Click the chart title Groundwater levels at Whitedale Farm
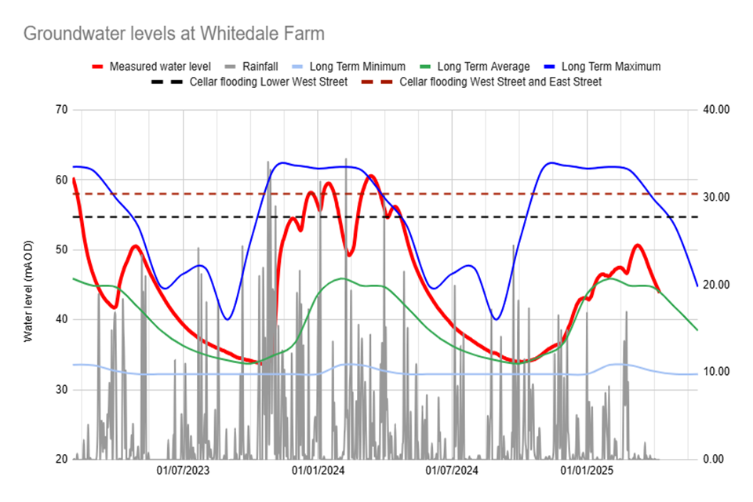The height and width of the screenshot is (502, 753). click(x=173, y=34)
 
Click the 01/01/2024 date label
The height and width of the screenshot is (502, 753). click(x=318, y=471)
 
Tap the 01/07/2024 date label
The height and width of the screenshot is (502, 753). click(x=452, y=471)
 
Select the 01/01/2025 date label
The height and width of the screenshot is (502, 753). click(x=587, y=471)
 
